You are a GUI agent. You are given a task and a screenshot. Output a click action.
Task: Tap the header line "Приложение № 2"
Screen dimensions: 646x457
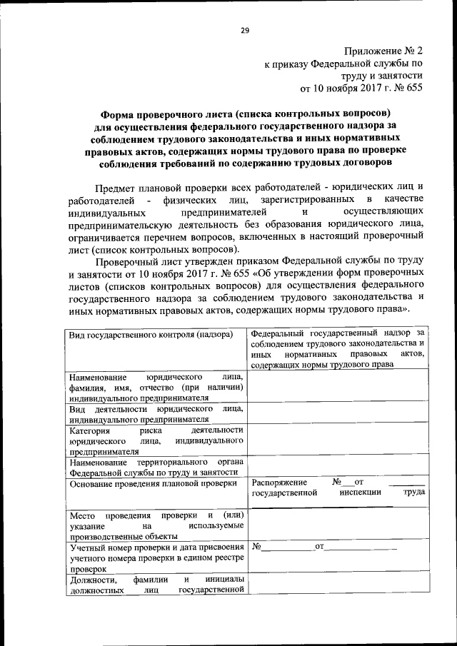tap(383, 51)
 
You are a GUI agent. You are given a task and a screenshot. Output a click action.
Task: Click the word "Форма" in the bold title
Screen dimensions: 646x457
tap(119, 113)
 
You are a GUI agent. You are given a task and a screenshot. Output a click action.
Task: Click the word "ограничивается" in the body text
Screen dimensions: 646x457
tap(104, 238)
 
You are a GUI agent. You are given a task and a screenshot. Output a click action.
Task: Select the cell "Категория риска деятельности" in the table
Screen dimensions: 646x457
tap(156, 440)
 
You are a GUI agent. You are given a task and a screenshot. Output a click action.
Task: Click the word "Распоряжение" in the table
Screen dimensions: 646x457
tap(280, 483)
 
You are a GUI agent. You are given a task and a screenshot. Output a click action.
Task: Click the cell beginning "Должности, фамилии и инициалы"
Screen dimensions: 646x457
tap(156, 584)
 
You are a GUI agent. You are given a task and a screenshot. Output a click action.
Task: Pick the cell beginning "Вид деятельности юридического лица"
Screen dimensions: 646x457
tap(156, 414)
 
